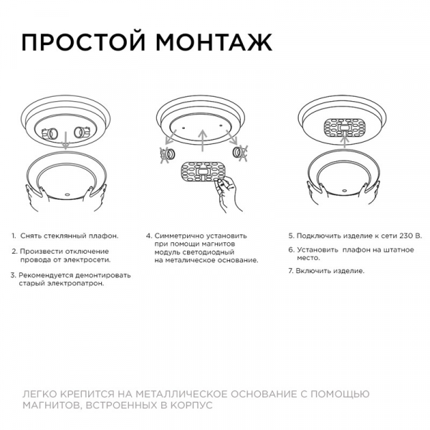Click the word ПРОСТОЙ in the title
[83, 43]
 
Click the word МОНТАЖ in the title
[214, 42]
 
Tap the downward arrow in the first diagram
[66, 140]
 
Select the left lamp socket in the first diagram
[49, 133]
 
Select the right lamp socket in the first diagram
[82, 132]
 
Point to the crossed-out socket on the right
[239, 152]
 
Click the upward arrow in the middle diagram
[202, 140]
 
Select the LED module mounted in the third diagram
[345, 128]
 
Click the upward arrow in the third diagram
[345, 140]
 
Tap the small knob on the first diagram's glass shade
[67, 195]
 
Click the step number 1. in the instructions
[14, 236]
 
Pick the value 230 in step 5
[406, 236]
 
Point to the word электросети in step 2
[87, 259]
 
